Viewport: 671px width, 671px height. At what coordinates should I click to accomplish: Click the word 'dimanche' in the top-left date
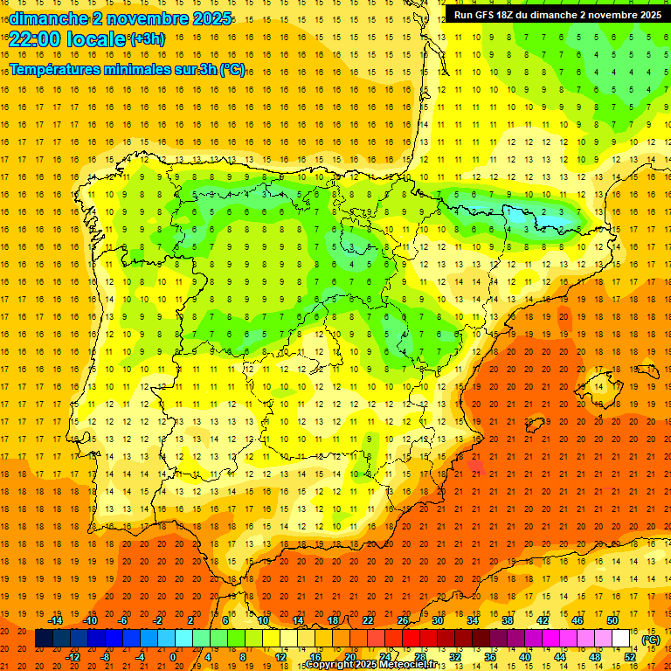[x=40, y=17]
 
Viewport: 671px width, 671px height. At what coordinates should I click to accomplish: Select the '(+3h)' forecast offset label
[x=147, y=39]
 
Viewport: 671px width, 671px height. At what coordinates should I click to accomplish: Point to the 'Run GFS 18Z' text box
[x=557, y=14]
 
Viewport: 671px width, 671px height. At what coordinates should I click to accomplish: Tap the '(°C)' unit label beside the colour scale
[x=650, y=640]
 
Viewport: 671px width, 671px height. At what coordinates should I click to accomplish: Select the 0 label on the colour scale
[x=173, y=657]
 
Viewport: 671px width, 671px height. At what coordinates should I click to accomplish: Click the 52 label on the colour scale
[x=630, y=657]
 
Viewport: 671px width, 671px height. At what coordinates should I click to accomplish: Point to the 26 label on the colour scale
[x=402, y=620]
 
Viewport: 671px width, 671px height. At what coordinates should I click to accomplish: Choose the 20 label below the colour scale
[x=349, y=657]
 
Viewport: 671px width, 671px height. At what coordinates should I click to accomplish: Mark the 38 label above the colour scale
[x=507, y=620]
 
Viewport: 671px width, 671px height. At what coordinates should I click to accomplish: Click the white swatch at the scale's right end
[x=621, y=639]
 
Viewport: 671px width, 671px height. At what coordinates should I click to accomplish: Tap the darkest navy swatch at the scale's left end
[x=44, y=639]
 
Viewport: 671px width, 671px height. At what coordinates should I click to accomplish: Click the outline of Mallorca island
[x=599, y=383]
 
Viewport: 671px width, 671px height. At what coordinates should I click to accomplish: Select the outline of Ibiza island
[x=536, y=425]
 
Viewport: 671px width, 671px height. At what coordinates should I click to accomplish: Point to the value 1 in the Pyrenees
[x=508, y=211]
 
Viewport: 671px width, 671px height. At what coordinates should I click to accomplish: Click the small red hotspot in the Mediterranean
[x=476, y=467]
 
